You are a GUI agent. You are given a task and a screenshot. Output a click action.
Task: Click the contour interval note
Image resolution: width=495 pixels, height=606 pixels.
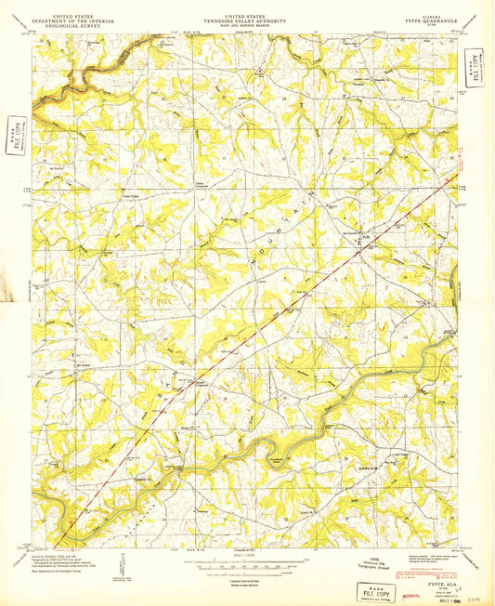pos(246,574)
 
